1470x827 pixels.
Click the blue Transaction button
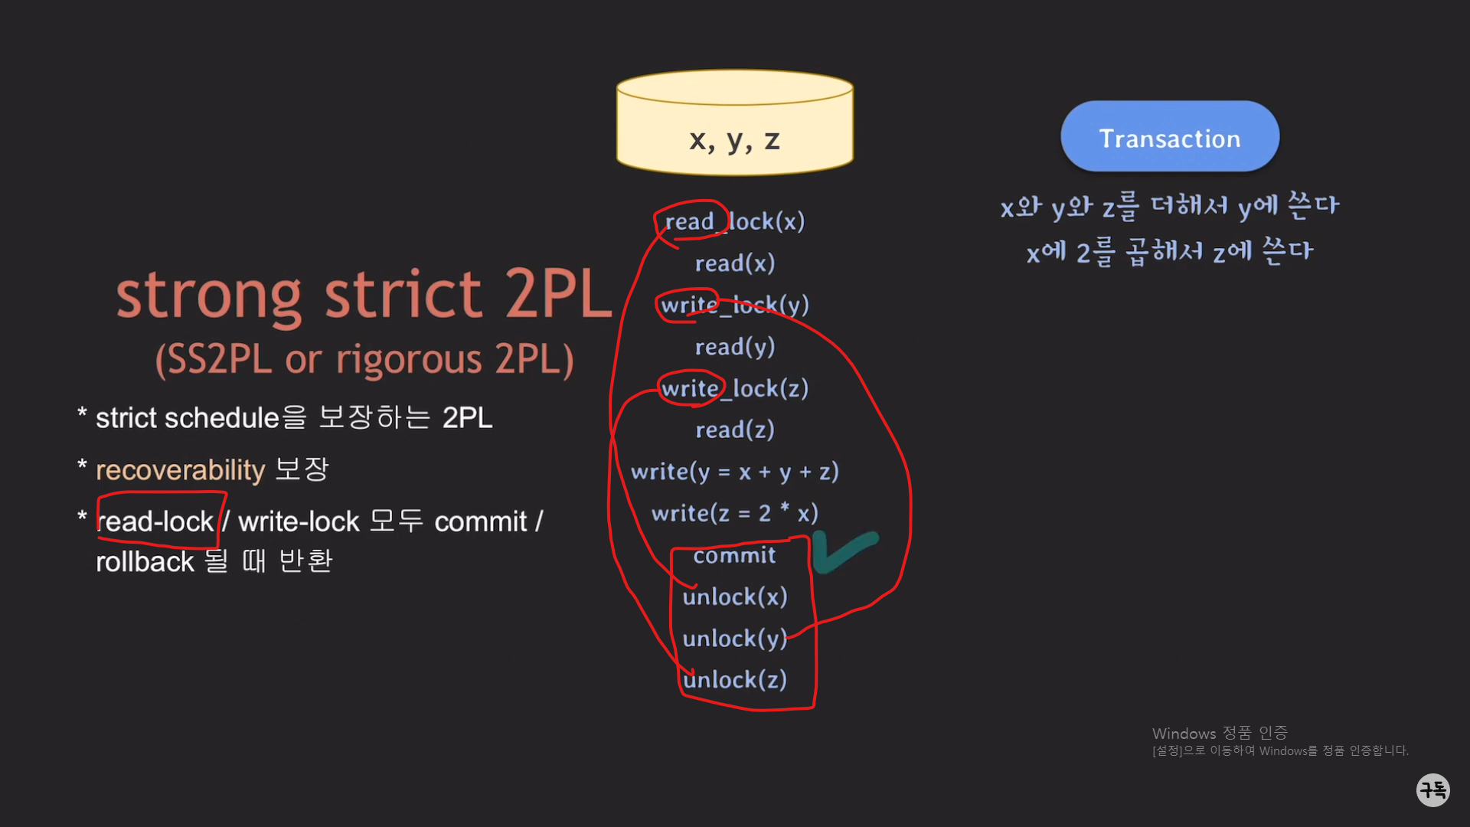pos(1169,137)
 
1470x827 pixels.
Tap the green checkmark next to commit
pos(844,551)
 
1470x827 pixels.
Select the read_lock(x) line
pos(734,221)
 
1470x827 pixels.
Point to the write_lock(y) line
pos(734,305)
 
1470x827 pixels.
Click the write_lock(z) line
pos(734,388)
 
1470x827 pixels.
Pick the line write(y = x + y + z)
pos(734,472)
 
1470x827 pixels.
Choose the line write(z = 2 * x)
pos(734,513)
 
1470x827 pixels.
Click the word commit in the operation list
pos(734,555)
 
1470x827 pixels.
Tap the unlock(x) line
pos(734,597)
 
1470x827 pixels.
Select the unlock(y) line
pos(734,638)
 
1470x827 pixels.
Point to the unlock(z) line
pos(734,679)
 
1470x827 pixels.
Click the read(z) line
pos(734,430)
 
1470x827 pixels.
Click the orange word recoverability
pos(180,469)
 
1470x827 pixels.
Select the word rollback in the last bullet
pos(145,562)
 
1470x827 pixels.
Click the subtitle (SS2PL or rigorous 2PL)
pos(364,359)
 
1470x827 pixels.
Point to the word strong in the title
pos(208,296)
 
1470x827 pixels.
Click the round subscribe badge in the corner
pos(1432,789)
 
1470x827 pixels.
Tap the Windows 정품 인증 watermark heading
pos(1220,733)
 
